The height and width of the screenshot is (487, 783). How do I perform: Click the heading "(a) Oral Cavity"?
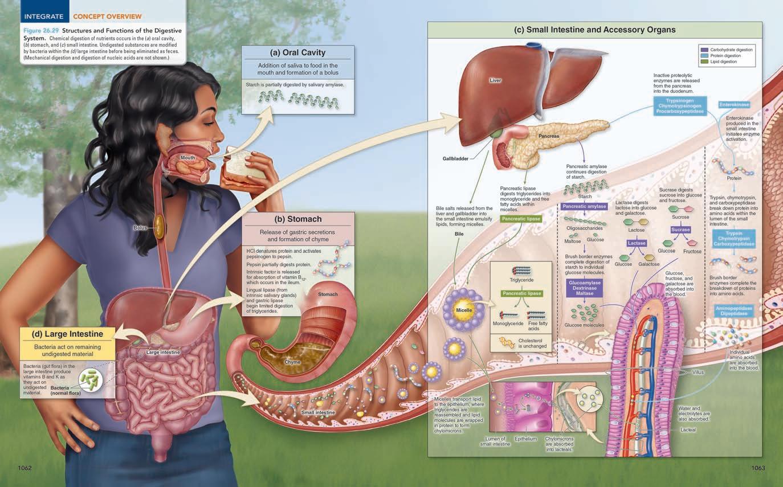click(297, 52)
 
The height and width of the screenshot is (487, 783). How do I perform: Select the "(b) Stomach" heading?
click(297, 219)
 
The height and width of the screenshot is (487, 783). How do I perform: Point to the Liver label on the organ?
click(495, 80)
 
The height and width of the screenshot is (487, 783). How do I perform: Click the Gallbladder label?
click(455, 158)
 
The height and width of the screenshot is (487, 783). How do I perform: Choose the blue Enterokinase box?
click(734, 105)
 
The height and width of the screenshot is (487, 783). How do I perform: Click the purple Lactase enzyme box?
click(637, 243)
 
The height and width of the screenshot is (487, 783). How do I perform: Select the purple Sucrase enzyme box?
click(680, 230)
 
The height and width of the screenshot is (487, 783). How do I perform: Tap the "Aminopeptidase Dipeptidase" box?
click(733, 311)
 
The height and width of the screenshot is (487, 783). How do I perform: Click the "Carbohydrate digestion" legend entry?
click(731, 50)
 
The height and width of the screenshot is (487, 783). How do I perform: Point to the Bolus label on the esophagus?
click(140, 228)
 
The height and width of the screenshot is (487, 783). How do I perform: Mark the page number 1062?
click(25, 468)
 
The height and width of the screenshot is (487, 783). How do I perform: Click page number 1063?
click(758, 468)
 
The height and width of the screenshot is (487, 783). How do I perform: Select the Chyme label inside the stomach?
click(292, 362)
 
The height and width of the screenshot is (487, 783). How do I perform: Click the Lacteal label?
click(688, 429)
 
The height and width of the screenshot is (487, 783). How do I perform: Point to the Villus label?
click(698, 372)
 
